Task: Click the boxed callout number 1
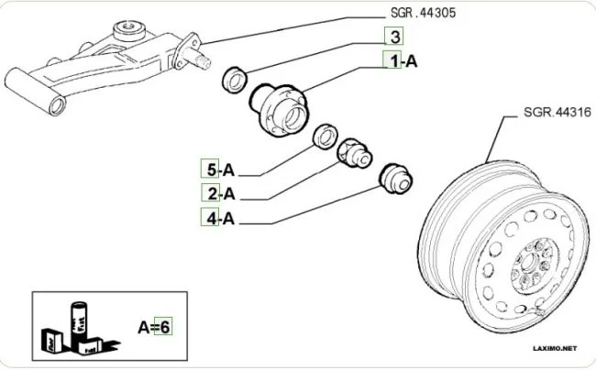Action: click(x=392, y=61)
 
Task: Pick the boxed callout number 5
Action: click(x=211, y=169)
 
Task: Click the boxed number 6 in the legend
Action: click(x=166, y=325)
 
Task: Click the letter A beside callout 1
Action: click(x=412, y=61)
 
